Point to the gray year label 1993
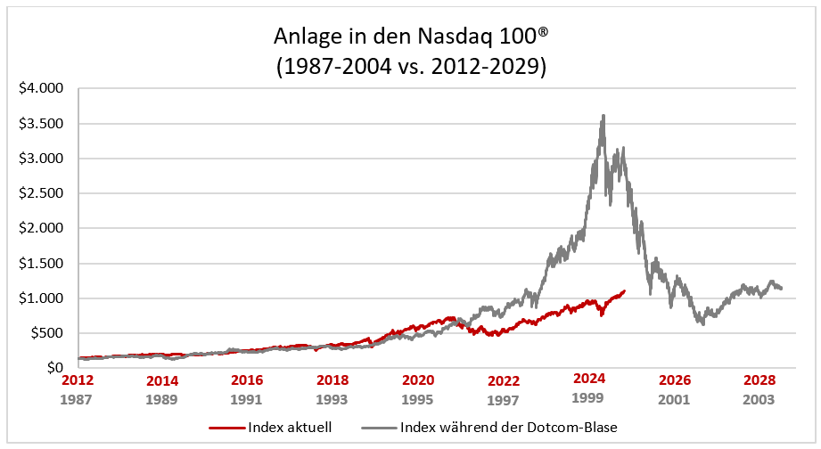pyautogui.click(x=333, y=399)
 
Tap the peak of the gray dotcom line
pyautogui.click(x=604, y=115)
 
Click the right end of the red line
pyautogui.click(x=624, y=290)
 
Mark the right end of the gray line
pyautogui.click(x=782, y=289)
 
